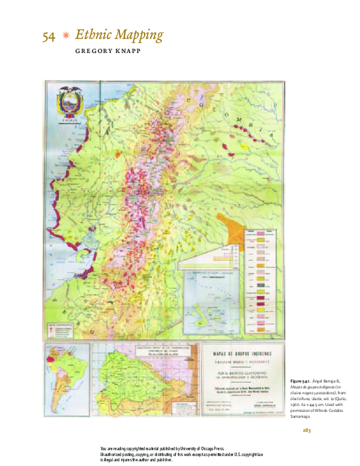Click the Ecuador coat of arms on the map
[70, 104]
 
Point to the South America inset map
[61, 371]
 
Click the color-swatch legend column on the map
[262, 288]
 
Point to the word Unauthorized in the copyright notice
[116, 454]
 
